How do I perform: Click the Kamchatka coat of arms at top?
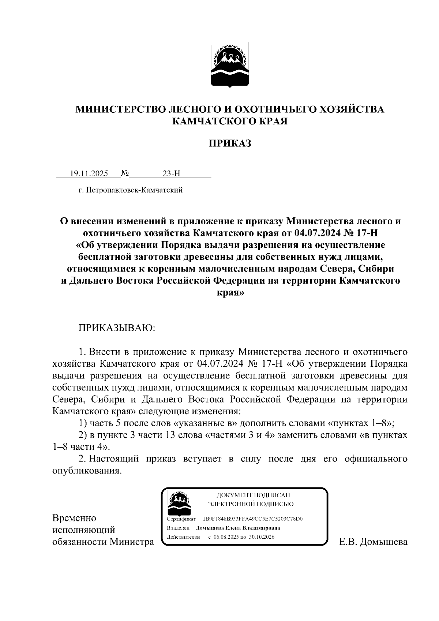click(x=230, y=65)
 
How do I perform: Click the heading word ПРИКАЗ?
click(x=230, y=143)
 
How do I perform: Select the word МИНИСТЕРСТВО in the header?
click(x=120, y=110)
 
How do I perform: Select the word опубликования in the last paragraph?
click(x=86, y=471)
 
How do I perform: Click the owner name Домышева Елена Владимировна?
click(x=238, y=528)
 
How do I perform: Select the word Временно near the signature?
click(x=74, y=518)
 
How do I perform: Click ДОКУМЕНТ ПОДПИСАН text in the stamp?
click(x=253, y=495)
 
